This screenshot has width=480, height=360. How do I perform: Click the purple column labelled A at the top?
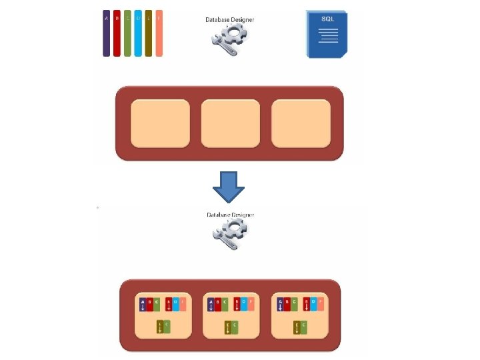click(x=107, y=33)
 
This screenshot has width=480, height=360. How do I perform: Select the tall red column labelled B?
click(x=117, y=33)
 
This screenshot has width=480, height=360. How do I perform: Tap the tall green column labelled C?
click(x=127, y=33)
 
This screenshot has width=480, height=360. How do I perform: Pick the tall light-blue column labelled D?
click(x=138, y=33)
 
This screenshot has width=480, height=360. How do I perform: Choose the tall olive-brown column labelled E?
click(x=149, y=33)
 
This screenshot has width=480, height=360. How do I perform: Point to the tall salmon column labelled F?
click(x=159, y=33)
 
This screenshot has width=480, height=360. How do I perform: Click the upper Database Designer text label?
click(x=229, y=20)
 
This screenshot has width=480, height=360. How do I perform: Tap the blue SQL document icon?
click(x=327, y=34)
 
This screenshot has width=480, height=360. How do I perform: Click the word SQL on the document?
click(x=328, y=19)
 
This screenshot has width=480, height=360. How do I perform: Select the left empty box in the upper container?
click(x=160, y=123)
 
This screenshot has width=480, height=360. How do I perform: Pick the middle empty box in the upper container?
click(x=230, y=123)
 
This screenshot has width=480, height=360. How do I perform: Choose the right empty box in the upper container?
click(x=301, y=123)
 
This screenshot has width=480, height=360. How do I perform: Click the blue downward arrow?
click(x=229, y=187)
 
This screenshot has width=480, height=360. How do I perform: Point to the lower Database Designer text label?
click(x=230, y=215)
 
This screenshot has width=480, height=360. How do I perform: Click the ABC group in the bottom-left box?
click(x=149, y=305)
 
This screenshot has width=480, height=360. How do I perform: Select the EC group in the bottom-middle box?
click(x=230, y=327)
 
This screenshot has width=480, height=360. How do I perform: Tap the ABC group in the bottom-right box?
click(x=287, y=305)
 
